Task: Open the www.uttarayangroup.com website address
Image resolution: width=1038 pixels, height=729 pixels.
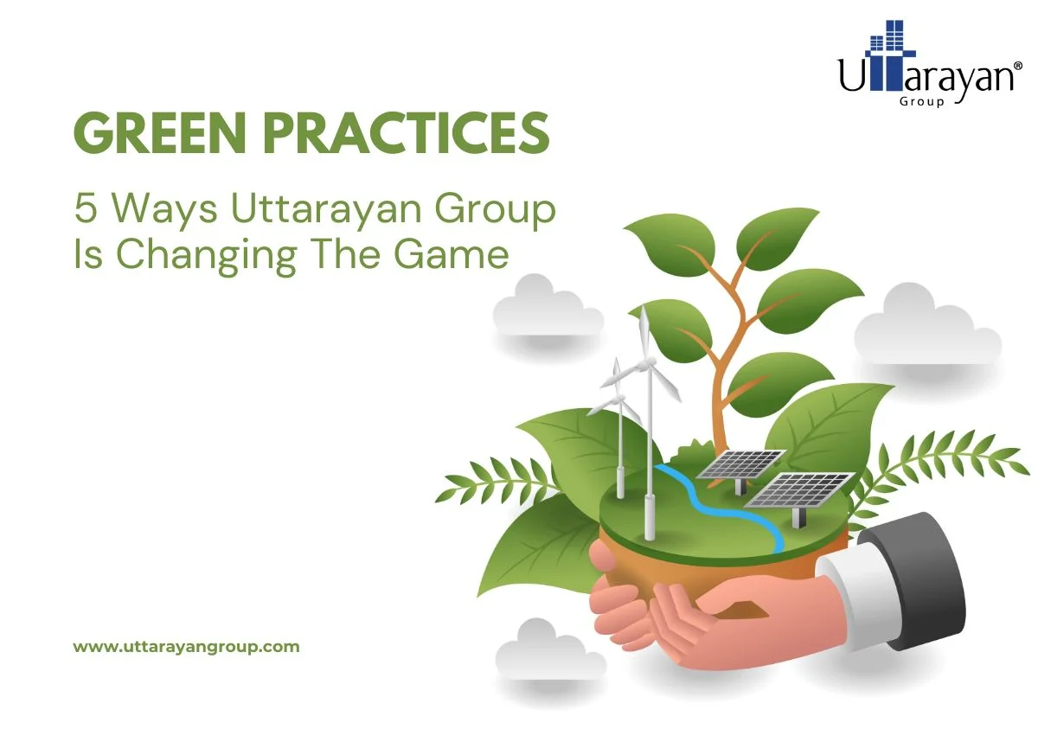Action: [x=186, y=646]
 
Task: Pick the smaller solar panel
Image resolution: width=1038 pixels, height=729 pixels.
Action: [x=740, y=464]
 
